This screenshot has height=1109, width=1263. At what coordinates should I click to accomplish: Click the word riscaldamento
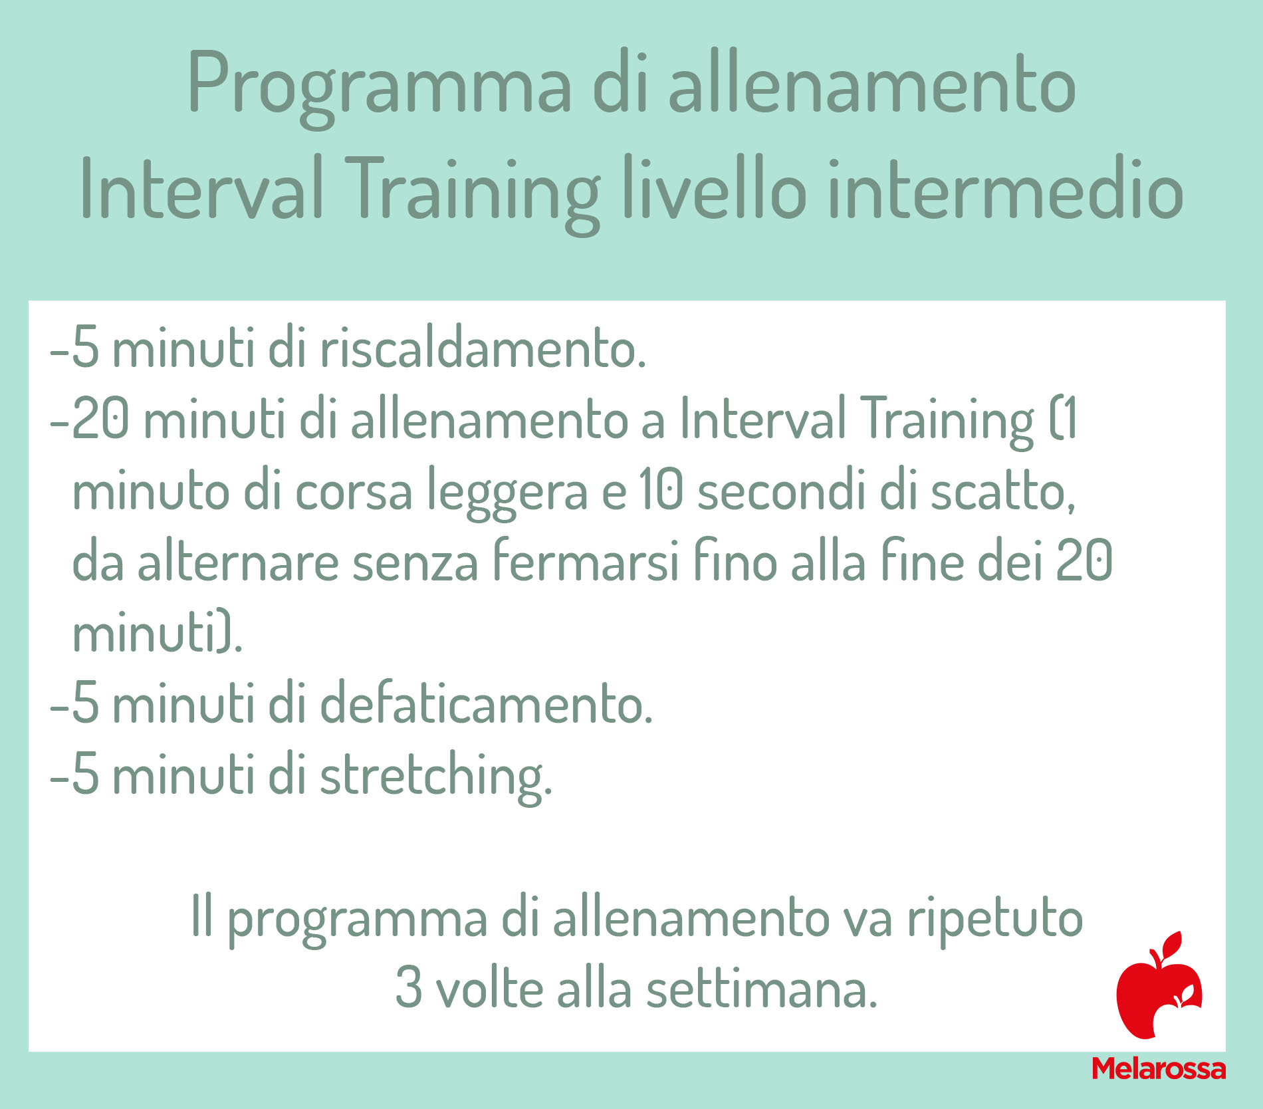tap(483, 348)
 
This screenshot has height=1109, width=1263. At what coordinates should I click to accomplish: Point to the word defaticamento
tap(487, 703)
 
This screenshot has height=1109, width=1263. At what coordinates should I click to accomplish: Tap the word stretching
tap(436, 777)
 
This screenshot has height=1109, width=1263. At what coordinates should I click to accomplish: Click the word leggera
tap(507, 492)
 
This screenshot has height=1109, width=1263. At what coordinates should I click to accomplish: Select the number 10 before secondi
tap(662, 490)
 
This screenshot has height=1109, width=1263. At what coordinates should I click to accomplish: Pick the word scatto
tap(1003, 492)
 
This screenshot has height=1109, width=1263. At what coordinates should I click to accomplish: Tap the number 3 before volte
tap(409, 988)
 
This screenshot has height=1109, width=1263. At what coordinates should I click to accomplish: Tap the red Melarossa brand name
tap(1159, 1068)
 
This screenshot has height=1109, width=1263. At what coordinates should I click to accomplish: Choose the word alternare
tap(238, 563)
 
